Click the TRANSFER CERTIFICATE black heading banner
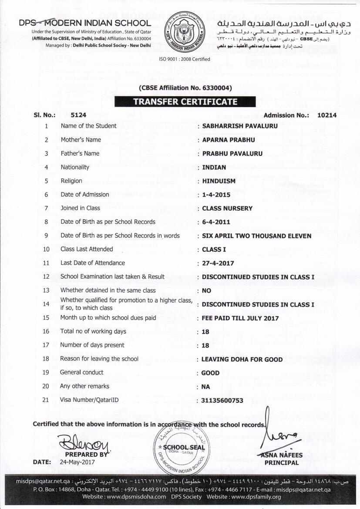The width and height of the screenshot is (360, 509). (x=185, y=102)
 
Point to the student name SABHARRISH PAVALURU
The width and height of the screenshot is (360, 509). (x=239, y=126)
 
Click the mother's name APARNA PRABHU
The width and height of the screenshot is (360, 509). (x=229, y=140)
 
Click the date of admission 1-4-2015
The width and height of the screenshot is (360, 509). (x=216, y=195)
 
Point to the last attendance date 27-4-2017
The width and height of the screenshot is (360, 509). (x=218, y=263)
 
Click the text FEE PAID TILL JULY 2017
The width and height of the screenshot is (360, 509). (x=240, y=318)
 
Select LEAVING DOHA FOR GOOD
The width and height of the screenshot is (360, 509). (x=242, y=360)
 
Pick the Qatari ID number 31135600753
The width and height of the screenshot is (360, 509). (x=222, y=401)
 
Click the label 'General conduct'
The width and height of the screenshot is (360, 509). (x=82, y=372)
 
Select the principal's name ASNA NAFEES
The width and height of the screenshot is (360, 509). (x=282, y=455)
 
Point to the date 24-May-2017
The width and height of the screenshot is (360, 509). (x=77, y=462)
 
